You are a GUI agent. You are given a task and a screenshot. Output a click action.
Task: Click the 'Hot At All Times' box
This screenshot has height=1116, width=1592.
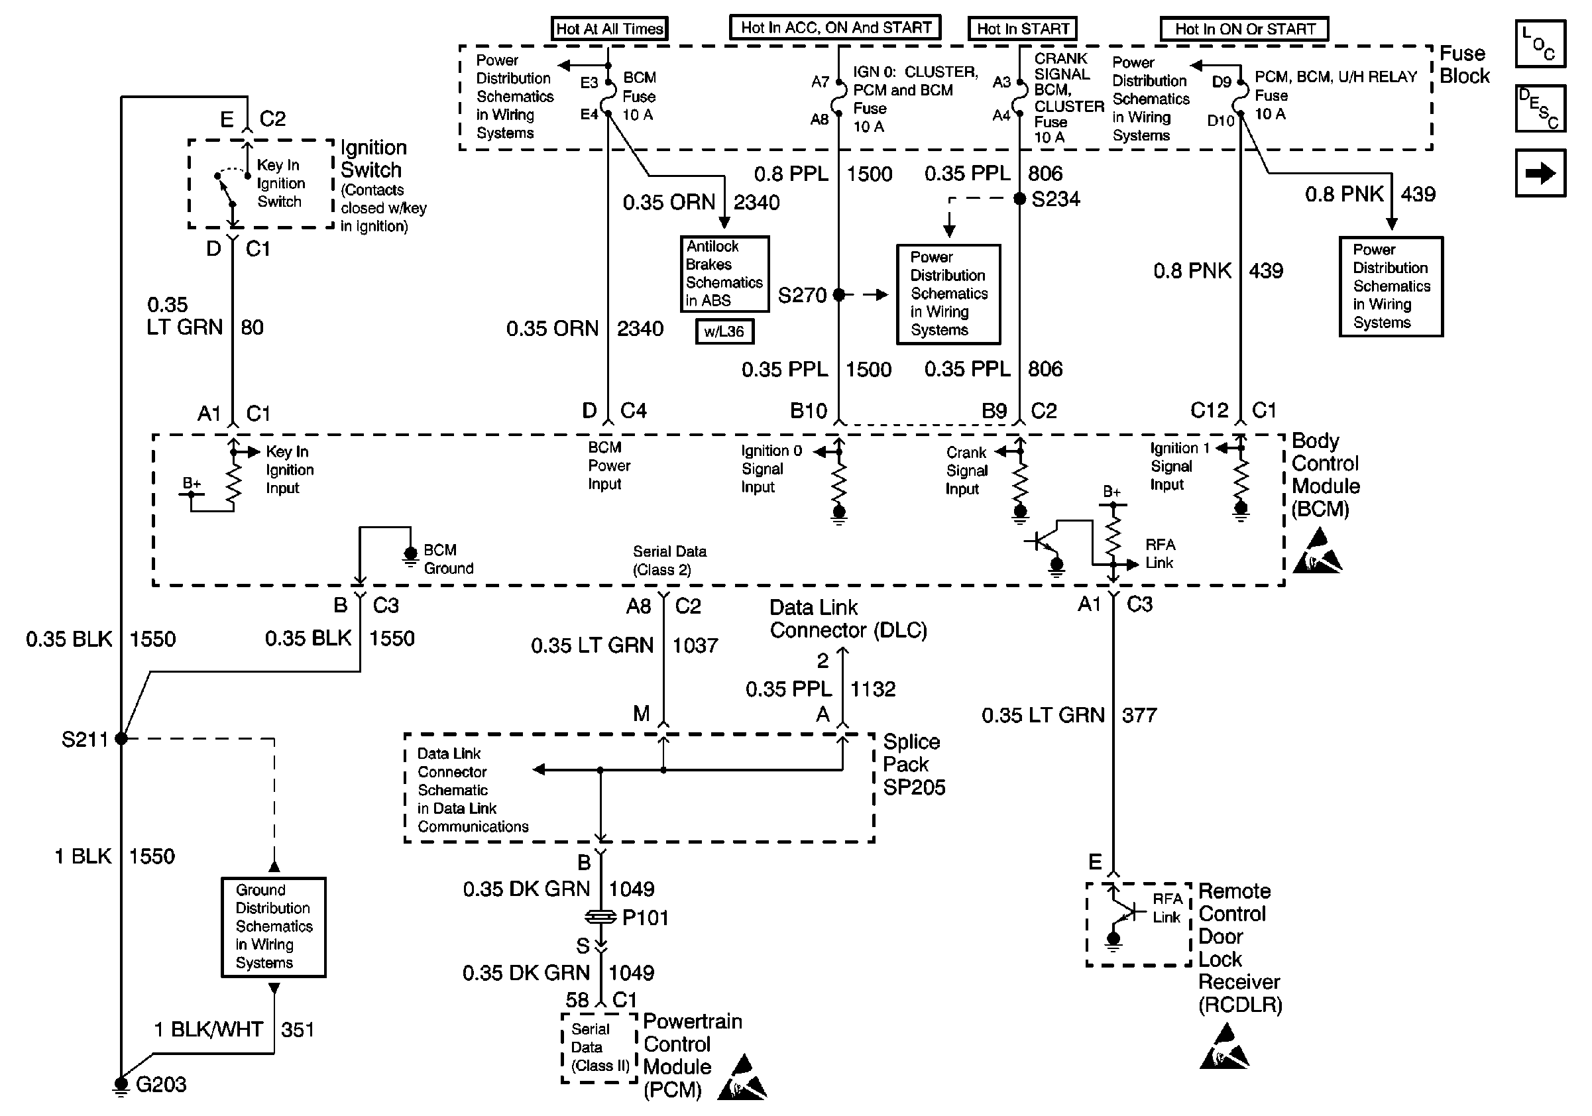coord(609,28)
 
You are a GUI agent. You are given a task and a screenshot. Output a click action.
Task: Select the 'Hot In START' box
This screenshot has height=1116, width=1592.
coord(1022,28)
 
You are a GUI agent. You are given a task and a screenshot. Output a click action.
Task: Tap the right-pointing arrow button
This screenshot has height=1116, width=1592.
coord(1540,173)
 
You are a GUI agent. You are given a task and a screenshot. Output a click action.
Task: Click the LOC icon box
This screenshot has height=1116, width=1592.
coord(1540,44)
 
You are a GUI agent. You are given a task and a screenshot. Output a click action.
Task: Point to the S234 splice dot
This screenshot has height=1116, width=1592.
coord(1019,199)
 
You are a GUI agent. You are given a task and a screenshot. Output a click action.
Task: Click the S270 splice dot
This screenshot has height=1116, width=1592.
coord(839,295)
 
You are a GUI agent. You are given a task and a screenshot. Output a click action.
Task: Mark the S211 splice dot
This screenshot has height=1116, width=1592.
coord(121,738)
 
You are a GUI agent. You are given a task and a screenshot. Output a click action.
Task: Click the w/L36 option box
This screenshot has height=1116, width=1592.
coord(724,331)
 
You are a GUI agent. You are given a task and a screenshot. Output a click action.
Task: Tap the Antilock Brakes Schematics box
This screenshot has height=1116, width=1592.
coord(724,274)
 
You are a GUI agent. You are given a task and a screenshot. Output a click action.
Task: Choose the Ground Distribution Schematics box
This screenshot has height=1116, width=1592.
coord(273,926)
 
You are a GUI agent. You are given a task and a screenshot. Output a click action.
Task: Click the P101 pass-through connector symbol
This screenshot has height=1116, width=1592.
coord(600,917)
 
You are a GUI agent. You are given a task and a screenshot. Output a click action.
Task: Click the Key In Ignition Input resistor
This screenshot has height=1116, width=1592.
coord(233,482)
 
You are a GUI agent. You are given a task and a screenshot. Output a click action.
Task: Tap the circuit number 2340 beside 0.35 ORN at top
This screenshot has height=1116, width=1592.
coord(756,202)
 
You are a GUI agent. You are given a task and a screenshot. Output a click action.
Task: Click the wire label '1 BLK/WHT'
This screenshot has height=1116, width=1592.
coord(208,1029)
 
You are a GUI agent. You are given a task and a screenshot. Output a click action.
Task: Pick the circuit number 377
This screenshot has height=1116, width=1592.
coord(1139,714)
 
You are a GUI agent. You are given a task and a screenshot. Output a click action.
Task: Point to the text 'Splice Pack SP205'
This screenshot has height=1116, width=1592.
coord(913,764)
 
